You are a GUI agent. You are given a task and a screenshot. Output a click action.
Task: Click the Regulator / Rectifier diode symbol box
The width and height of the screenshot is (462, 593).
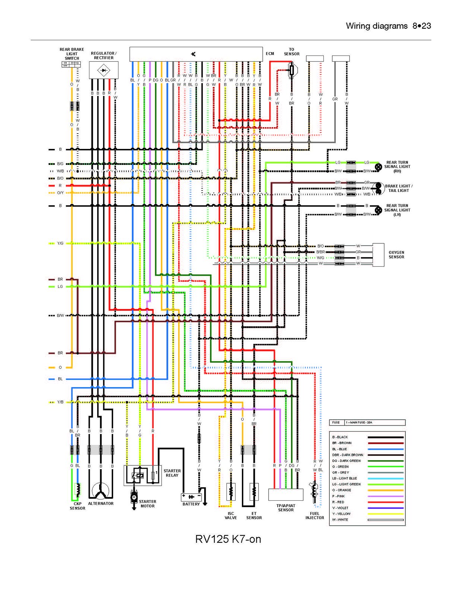(104, 70)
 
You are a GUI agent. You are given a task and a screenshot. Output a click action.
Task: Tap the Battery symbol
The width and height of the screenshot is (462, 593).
(191, 497)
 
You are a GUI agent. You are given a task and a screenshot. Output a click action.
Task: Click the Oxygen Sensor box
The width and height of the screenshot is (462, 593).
(378, 255)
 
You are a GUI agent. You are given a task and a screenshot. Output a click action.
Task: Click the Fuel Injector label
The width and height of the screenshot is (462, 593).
(314, 516)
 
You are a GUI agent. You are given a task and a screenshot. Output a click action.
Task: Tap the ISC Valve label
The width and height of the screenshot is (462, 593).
(231, 516)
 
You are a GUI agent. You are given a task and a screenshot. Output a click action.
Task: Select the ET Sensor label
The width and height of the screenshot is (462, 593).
(254, 516)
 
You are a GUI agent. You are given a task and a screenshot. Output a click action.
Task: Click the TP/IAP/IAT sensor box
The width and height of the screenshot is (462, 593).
(286, 494)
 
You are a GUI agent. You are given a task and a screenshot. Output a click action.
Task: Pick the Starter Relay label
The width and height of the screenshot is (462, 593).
(172, 473)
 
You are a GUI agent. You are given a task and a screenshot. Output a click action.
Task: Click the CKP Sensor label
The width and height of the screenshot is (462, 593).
(77, 506)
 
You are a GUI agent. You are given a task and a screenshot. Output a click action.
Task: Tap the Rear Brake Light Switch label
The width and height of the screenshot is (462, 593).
(72, 54)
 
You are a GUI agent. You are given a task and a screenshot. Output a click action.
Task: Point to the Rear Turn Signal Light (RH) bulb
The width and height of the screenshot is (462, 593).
(378, 167)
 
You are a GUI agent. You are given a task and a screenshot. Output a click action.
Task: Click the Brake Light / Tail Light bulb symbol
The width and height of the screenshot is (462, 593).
(379, 188)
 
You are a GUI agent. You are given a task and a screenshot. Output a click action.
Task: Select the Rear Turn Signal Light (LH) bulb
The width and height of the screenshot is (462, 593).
(378, 210)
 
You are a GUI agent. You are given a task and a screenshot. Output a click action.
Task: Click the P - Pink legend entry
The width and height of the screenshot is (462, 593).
(338, 496)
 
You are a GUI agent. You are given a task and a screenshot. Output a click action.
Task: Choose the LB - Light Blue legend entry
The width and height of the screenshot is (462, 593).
(345, 478)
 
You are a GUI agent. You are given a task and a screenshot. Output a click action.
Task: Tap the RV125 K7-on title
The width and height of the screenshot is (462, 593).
(228, 539)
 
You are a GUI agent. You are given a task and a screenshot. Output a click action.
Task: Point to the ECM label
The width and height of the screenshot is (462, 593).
(270, 54)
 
